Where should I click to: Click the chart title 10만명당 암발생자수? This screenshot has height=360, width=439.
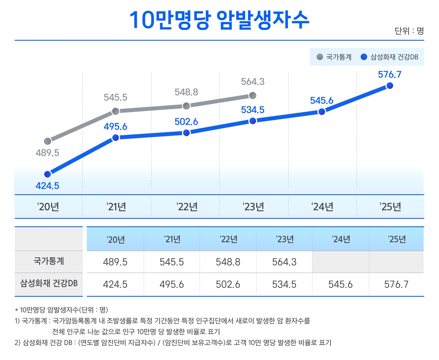(219, 20)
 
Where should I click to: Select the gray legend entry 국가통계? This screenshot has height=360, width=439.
(334, 57)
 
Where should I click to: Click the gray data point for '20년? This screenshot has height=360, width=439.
(47, 141)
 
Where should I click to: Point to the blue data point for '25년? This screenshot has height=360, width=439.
(390, 86)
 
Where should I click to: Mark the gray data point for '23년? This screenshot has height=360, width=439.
(252, 95)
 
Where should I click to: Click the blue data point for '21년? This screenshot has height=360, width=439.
(115, 137)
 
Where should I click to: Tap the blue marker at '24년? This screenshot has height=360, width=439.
(322, 111)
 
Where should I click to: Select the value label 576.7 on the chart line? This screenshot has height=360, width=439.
(390, 75)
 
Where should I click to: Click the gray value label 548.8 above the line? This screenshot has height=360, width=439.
(186, 92)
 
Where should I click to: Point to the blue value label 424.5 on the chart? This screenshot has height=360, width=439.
(47, 186)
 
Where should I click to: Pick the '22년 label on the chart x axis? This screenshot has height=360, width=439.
(187, 207)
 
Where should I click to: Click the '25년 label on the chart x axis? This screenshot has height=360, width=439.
(390, 207)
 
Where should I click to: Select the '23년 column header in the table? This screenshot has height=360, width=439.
(285, 239)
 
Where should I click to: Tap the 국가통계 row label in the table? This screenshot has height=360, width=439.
(49, 262)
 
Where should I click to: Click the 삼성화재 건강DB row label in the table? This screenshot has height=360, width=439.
(49, 284)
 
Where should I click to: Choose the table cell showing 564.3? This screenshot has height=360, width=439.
(285, 262)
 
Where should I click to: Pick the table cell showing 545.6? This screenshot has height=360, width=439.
(341, 284)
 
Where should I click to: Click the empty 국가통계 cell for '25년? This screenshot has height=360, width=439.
(397, 262)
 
